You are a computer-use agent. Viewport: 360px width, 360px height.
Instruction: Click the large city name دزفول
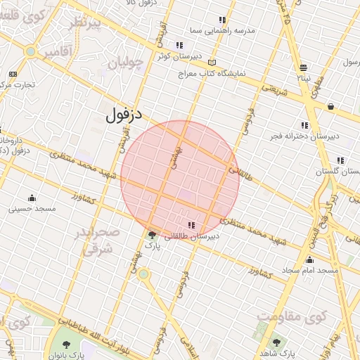[x=129, y=115]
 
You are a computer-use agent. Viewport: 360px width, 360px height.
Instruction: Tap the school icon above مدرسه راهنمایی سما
[x=223, y=20]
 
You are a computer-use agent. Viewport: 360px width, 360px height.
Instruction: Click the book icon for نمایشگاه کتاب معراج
[x=212, y=62]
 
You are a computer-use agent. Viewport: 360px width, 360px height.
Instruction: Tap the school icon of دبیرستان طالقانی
[x=191, y=226]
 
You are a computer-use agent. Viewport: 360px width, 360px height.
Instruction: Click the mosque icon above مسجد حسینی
[x=32, y=198]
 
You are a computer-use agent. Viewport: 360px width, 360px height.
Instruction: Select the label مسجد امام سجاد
[x=309, y=270]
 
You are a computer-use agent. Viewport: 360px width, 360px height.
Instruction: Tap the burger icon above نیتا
[x=303, y=68]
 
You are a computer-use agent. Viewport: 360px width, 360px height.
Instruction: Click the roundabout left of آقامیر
[x=30, y=52]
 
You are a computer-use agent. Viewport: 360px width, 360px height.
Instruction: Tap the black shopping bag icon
[x=330, y=106]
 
